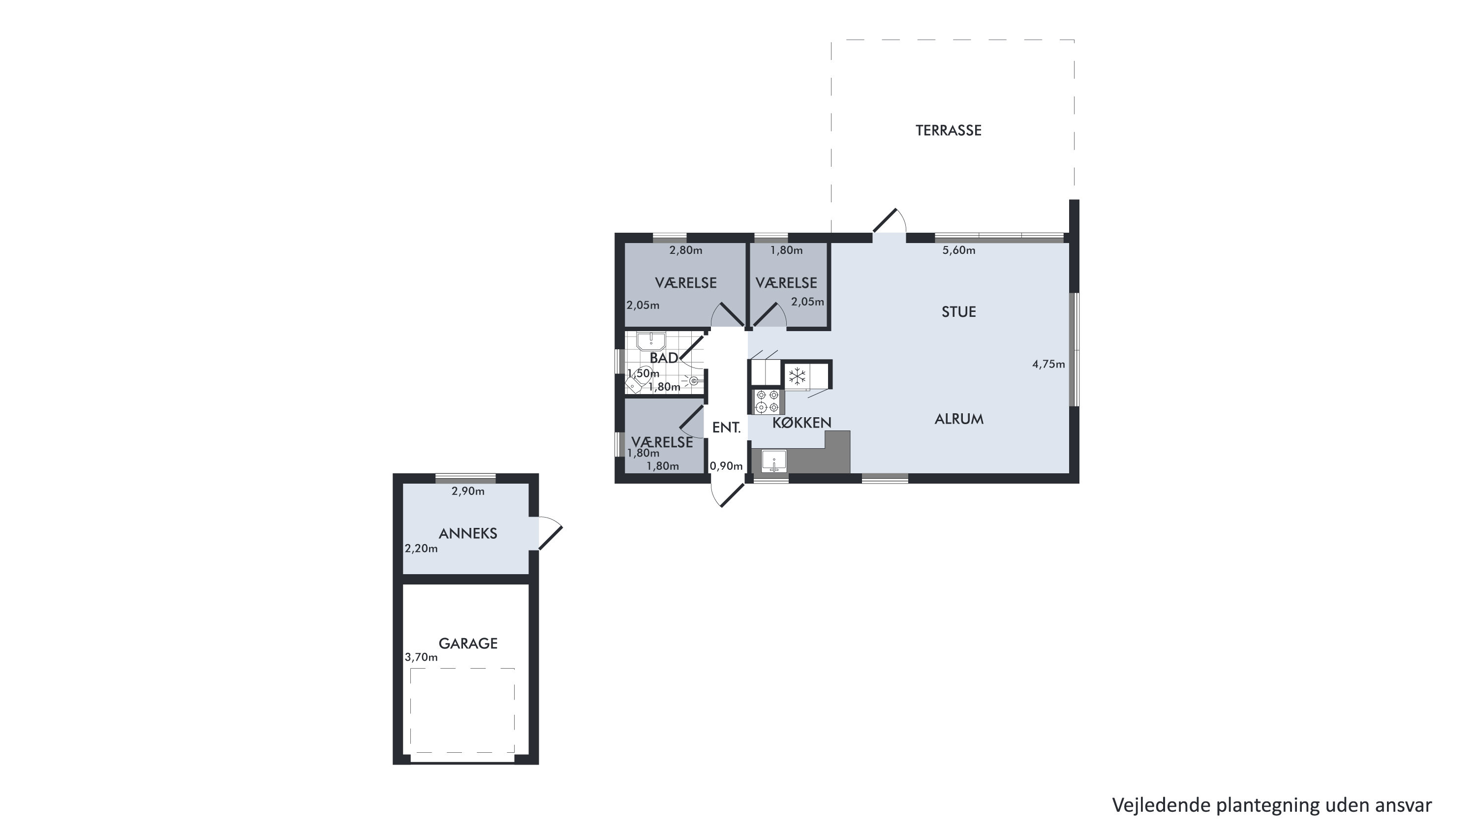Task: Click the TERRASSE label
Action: [x=948, y=130]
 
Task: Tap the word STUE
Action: [x=958, y=312]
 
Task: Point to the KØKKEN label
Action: [x=801, y=423]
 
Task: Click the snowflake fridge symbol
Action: [x=797, y=376]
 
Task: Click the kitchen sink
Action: [x=774, y=461]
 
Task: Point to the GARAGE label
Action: [x=467, y=644]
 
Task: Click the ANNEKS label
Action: [x=467, y=534]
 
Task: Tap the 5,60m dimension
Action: [x=958, y=250]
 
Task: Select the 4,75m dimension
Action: [x=1048, y=364]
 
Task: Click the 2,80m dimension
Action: [x=686, y=250]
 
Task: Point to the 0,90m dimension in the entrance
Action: [x=726, y=466]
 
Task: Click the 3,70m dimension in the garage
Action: [x=421, y=658]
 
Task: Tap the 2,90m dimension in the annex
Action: [x=468, y=492]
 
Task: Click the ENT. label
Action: [x=727, y=428]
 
